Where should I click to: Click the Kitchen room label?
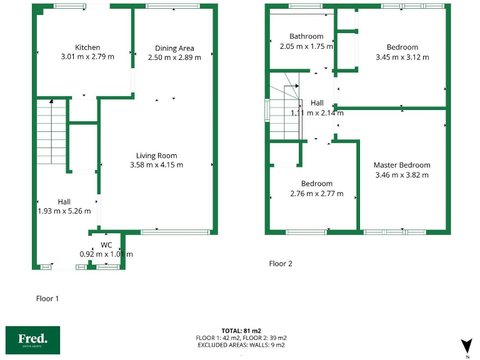(87, 47)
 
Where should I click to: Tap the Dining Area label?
(174, 48)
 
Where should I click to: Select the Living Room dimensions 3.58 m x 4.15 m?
(156, 165)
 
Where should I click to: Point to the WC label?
(106, 244)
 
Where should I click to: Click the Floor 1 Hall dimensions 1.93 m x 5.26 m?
(64, 211)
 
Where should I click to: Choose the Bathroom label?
(306, 36)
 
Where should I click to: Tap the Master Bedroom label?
(402, 165)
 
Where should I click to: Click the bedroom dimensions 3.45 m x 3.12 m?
(402, 57)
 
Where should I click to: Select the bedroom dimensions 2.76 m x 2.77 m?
(316, 194)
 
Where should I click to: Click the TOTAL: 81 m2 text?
(241, 330)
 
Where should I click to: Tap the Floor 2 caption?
(281, 264)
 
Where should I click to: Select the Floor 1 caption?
(47, 299)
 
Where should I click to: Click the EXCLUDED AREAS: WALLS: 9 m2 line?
(241, 345)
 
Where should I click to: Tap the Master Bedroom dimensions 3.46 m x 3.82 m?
(402, 175)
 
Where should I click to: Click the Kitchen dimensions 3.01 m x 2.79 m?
(87, 57)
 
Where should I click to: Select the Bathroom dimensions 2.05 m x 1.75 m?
(306, 46)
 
